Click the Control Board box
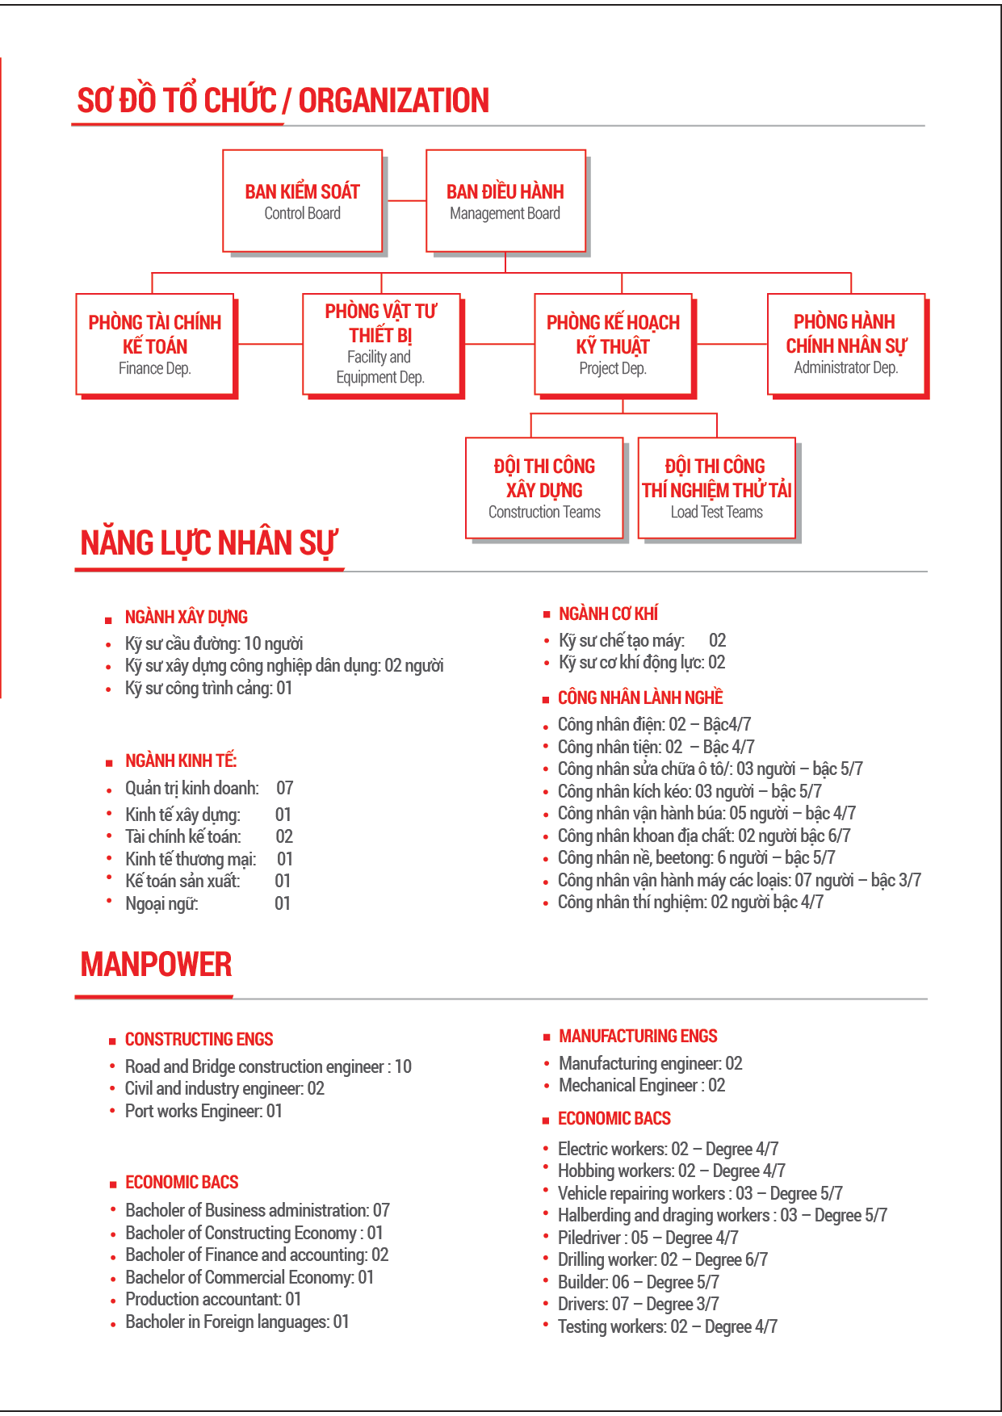click(x=302, y=201)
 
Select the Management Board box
click(x=505, y=201)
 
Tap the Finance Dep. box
click(x=155, y=345)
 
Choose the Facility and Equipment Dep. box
click(x=381, y=344)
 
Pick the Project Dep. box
click(x=614, y=345)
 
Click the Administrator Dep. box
click(x=845, y=344)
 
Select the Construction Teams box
click(x=544, y=488)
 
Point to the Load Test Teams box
click(x=717, y=488)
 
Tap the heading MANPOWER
click(x=156, y=965)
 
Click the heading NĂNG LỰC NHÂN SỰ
click(x=208, y=543)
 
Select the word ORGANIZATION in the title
click(x=394, y=101)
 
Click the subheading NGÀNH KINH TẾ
click(x=181, y=760)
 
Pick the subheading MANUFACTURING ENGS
click(x=638, y=1036)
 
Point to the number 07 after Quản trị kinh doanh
click(x=284, y=788)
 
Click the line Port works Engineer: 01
click(x=203, y=1111)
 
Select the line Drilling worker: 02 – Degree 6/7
click(x=662, y=1259)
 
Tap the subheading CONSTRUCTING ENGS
click(x=199, y=1039)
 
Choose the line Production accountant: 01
click(x=213, y=1299)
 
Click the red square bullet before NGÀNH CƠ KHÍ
click(x=547, y=614)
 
